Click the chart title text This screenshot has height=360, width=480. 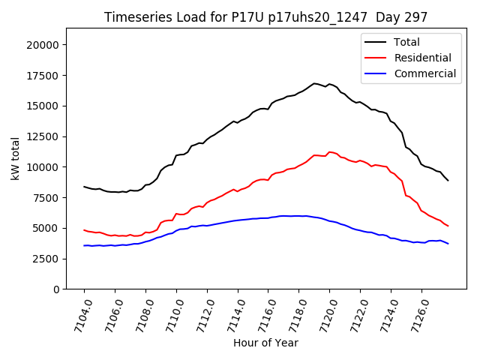(x=266, y=17)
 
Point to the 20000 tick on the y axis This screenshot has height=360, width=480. (x=44, y=45)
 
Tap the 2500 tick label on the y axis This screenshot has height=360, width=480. (x=46, y=259)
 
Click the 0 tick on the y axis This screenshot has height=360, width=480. (x=56, y=289)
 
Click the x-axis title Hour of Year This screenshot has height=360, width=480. (x=265, y=343)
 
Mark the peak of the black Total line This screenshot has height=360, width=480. (x=315, y=83)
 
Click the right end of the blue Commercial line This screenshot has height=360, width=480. (x=448, y=243)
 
